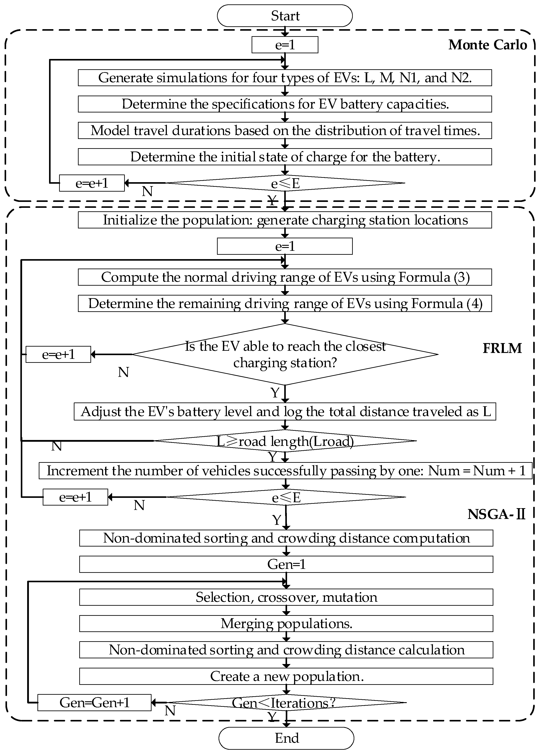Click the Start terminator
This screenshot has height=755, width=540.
pyautogui.click(x=285, y=16)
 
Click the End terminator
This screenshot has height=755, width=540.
pyautogui.click(x=286, y=738)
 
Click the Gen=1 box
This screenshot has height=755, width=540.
pyautogui.click(x=286, y=564)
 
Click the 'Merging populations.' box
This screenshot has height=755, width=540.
pyautogui.click(x=286, y=623)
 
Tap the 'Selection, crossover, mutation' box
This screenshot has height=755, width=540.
pyautogui.click(x=286, y=597)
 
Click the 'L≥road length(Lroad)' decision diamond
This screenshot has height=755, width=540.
pyautogui.click(x=285, y=441)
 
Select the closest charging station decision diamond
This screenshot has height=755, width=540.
pyautogui.click(x=285, y=354)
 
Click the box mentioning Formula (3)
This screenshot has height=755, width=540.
pyautogui.click(x=285, y=277)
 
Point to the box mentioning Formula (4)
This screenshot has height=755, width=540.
pyautogui.click(x=285, y=304)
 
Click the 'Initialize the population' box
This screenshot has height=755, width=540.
pyautogui.click(x=285, y=220)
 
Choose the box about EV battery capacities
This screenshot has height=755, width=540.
pyautogui.click(x=285, y=104)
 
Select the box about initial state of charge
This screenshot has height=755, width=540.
pyautogui.click(x=285, y=157)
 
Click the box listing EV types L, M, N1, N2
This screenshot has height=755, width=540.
pyautogui.click(x=285, y=78)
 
